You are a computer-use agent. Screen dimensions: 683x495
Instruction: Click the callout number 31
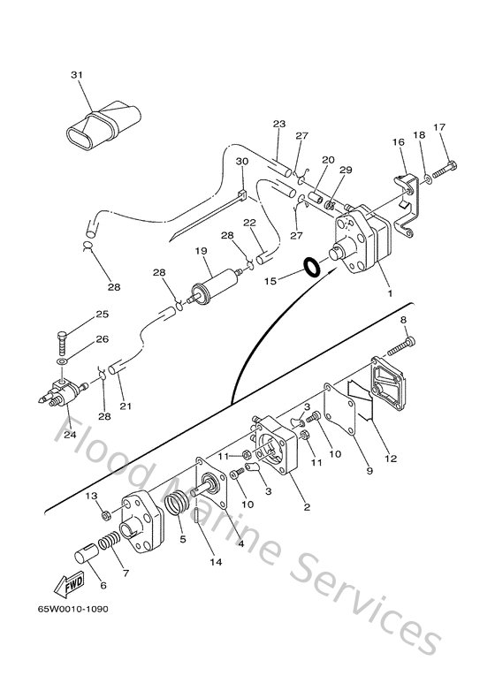click(75, 76)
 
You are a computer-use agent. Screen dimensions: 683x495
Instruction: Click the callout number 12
click(390, 458)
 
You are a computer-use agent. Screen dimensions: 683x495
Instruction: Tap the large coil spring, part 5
click(179, 512)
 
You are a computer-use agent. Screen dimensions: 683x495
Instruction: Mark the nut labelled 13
click(104, 514)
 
